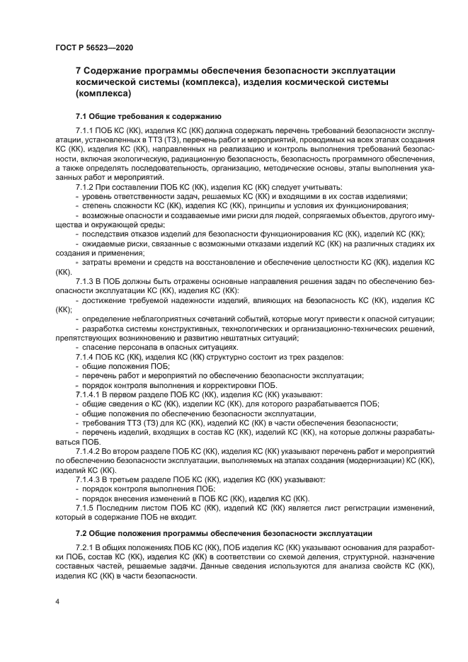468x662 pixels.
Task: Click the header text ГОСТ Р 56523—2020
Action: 94,47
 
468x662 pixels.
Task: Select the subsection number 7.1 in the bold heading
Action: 82,115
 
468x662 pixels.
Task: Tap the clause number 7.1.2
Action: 86,187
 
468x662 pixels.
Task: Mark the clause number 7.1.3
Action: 86,282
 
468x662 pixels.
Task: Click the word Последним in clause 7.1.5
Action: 124,508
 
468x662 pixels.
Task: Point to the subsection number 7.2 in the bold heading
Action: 82,532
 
